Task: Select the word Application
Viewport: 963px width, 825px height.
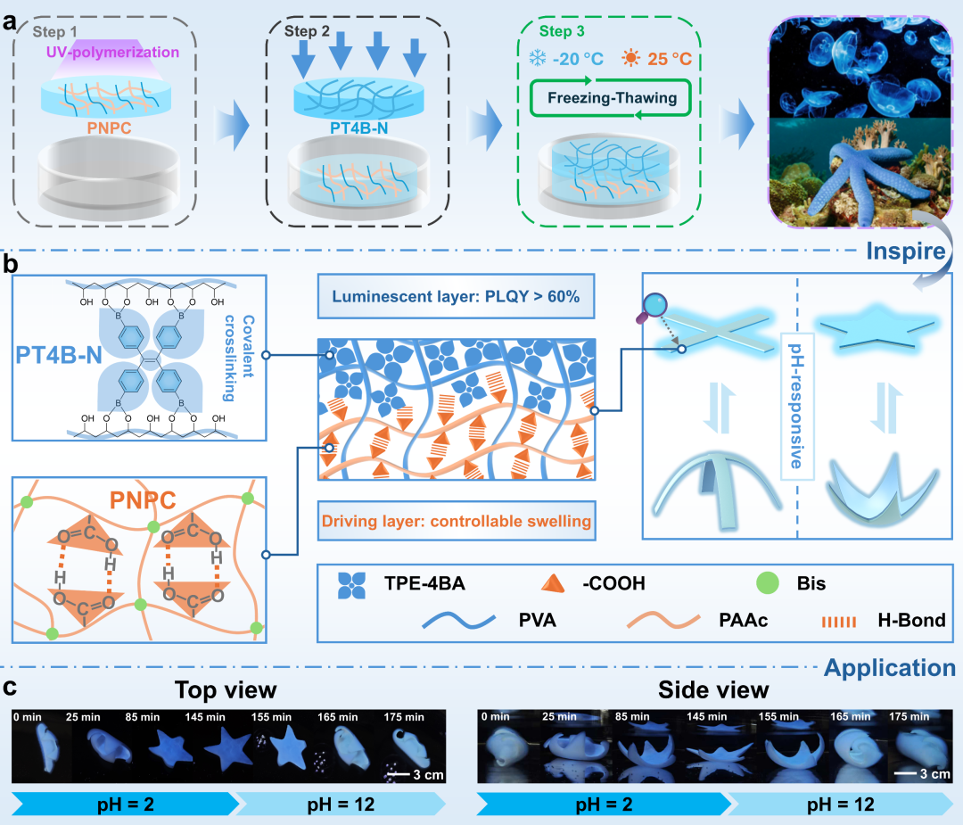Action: (x=890, y=666)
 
